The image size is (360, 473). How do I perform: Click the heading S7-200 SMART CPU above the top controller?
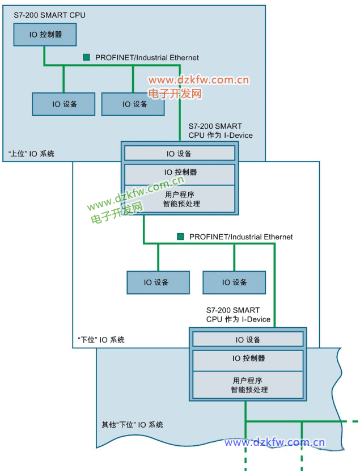point(49,15)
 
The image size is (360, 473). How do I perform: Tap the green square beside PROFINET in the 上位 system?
point(87,57)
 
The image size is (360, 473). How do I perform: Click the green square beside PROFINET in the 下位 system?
point(180,236)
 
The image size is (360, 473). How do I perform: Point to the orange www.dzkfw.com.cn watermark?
point(199,81)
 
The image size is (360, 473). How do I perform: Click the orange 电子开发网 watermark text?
point(175,93)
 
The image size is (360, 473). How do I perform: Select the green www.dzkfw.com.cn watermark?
point(136,192)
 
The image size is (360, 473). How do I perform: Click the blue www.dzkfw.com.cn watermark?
point(274,442)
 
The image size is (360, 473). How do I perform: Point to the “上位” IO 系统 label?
point(32,153)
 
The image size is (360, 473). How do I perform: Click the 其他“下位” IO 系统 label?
point(132,424)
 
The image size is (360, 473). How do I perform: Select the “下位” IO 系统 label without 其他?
point(101,340)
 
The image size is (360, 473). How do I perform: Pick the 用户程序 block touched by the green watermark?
point(179,199)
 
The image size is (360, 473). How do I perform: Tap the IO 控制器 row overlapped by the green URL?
point(179,172)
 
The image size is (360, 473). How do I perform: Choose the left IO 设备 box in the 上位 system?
point(63,104)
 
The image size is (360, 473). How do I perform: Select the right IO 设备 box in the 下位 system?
point(234,282)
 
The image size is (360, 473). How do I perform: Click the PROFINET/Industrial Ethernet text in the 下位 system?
point(241,236)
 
